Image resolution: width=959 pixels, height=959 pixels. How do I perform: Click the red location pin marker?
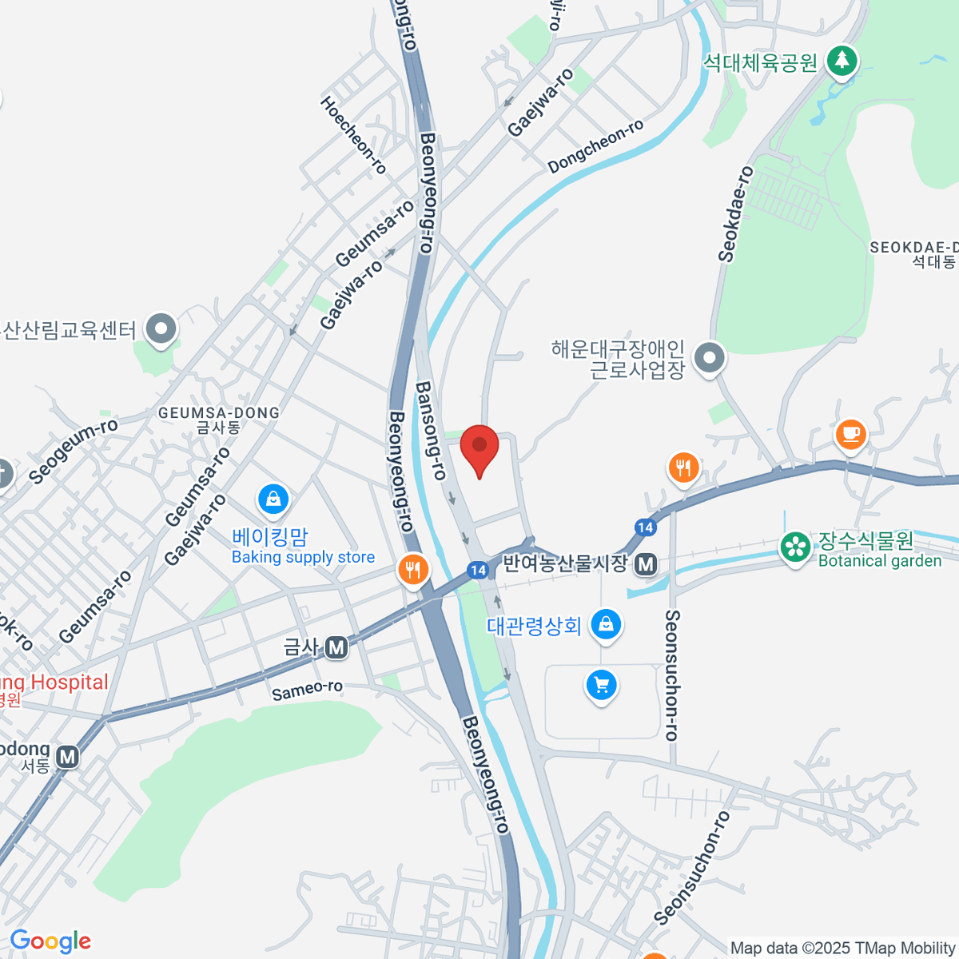tap(479, 448)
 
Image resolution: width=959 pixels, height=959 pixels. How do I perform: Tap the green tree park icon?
tap(842, 61)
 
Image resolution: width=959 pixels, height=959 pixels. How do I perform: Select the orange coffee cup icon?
tap(850, 434)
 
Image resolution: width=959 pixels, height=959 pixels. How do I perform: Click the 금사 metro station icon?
tap(337, 647)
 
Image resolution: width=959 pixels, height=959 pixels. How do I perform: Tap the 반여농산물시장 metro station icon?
tap(646, 565)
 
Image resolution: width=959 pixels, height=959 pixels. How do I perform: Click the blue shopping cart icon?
tap(601, 685)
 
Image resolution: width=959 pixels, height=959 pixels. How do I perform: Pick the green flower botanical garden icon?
tap(795, 547)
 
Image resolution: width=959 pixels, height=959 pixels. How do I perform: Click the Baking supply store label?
tap(303, 557)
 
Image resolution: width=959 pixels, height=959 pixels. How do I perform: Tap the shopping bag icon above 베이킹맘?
tap(273, 500)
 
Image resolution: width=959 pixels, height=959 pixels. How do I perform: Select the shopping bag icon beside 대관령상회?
tap(606, 624)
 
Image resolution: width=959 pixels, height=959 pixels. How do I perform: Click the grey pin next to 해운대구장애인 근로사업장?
tap(709, 358)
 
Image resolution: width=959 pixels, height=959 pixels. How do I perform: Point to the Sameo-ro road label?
tap(307, 690)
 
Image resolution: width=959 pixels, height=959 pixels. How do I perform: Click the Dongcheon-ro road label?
tap(596, 146)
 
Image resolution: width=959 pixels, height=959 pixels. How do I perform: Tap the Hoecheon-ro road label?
tap(353, 135)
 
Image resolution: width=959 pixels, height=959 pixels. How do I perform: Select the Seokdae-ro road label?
tap(735, 214)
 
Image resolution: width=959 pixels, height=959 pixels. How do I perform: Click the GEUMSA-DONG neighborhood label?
tap(219, 413)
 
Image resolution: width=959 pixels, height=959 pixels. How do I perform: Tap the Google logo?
tap(50, 941)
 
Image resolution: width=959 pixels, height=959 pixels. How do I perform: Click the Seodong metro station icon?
tap(68, 756)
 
